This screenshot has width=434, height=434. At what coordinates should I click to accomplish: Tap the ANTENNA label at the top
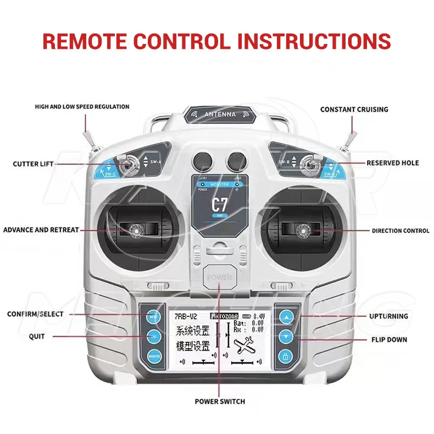(x=220, y=114)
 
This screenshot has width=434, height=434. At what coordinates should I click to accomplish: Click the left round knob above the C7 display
(x=202, y=160)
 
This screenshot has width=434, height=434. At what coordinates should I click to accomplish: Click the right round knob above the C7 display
(x=236, y=160)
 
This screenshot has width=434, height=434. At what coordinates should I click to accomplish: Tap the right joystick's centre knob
(x=301, y=230)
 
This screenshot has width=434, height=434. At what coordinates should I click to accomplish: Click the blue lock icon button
(x=286, y=357)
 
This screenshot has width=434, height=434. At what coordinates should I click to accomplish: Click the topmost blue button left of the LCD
(x=152, y=317)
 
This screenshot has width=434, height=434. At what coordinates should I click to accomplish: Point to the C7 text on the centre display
(x=219, y=205)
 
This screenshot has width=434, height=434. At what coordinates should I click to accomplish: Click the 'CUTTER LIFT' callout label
(x=33, y=164)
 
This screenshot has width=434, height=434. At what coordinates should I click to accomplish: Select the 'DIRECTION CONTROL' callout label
(x=400, y=231)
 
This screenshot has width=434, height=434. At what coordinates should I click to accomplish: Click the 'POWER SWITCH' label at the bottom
(x=220, y=401)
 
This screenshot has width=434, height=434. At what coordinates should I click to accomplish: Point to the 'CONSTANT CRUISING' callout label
(x=354, y=110)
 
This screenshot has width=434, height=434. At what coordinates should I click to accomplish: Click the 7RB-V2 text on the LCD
(x=186, y=316)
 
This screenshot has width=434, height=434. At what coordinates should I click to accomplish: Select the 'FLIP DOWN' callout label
(x=389, y=340)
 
